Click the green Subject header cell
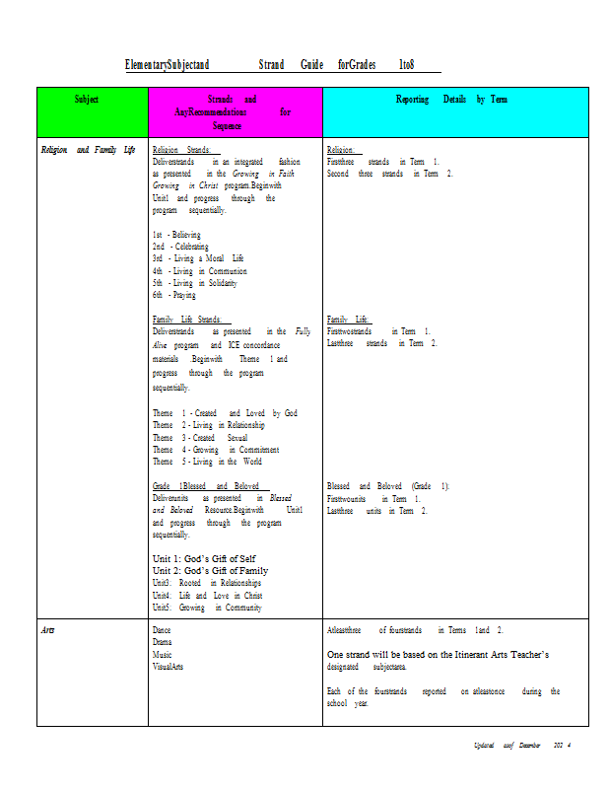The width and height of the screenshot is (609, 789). point(92,111)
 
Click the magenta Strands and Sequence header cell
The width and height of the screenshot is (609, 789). point(235,112)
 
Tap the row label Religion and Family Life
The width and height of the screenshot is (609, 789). point(88,150)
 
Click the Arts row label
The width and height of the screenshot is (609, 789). point(47,628)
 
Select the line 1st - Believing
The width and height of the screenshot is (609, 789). point(176,235)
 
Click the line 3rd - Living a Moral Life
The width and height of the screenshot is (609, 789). point(197,258)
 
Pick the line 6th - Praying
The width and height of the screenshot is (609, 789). point(174,295)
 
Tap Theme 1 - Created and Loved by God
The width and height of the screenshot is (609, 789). point(225,413)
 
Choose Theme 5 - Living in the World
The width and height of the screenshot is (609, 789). point(207,462)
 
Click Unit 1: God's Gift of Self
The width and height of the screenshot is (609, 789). point(203,558)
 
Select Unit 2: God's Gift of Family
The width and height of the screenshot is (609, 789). point(210,570)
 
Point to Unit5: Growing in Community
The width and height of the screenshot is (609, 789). point(207,609)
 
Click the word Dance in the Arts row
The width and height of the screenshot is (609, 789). point(163,629)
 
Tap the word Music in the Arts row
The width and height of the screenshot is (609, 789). point(163,654)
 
